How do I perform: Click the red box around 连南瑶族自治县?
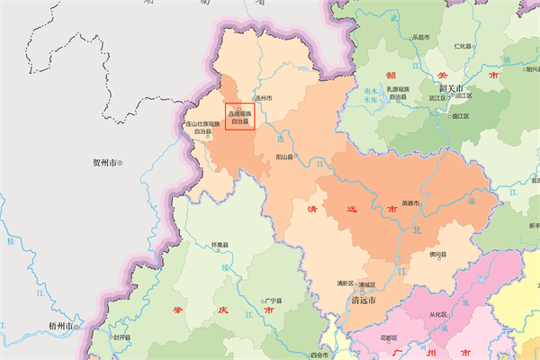click(x=240, y=117)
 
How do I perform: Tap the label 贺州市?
click(x=106, y=163)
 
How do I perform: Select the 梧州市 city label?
click(x=61, y=325)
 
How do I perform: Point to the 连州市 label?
click(x=263, y=97)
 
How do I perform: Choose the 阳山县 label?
click(x=286, y=157)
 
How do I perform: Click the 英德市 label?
click(x=410, y=203)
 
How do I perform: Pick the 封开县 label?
click(x=121, y=337)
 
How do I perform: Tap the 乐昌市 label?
click(x=421, y=38)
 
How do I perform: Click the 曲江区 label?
click(x=462, y=116)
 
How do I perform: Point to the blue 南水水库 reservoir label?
click(x=372, y=96)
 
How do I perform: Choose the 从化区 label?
click(x=438, y=315)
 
